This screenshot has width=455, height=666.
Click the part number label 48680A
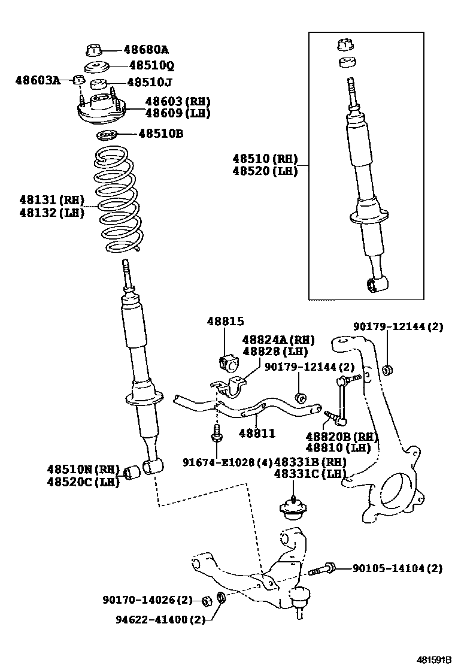click(x=146, y=50)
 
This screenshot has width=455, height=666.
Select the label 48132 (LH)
click(x=51, y=212)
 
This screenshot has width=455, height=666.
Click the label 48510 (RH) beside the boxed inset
click(x=265, y=159)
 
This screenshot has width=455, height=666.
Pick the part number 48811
click(x=257, y=432)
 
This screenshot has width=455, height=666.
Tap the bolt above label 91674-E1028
click(x=217, y=435)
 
